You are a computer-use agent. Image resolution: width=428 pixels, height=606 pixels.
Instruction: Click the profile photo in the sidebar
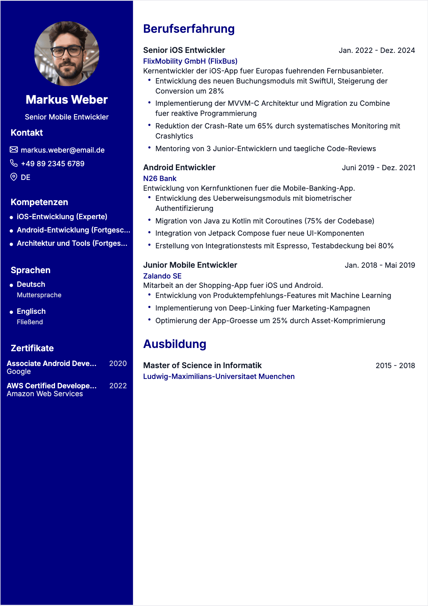point(67,54)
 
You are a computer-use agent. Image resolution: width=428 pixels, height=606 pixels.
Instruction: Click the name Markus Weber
point(67,100)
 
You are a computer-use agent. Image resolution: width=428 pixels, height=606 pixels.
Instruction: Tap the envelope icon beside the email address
point(14,150)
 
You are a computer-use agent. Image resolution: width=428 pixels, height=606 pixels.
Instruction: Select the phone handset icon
point(14,163)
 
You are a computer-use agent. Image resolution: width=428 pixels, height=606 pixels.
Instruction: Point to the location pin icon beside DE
point(14,177)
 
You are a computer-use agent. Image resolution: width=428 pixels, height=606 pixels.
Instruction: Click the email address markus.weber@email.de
point(63,150)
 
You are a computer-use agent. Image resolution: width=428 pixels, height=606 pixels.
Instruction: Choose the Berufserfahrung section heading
point(189,29)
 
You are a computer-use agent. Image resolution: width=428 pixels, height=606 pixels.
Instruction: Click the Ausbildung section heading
point(175,344)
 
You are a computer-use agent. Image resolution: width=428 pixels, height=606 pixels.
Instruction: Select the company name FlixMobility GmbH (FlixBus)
point(190,61)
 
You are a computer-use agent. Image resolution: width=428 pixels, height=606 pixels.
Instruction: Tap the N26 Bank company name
point(160,178)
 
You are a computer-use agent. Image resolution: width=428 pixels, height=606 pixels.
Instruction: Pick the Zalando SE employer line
point(162,276)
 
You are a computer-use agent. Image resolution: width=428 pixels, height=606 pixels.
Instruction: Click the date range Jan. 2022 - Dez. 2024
point(377,50)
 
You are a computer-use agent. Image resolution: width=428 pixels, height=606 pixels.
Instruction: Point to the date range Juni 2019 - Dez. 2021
point(378,168)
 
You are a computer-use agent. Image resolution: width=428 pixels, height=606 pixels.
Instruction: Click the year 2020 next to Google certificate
point(118,363)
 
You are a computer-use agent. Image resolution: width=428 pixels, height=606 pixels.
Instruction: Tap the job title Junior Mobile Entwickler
point(190,265)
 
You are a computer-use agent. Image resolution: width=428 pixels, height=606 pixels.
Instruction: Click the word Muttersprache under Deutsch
point(39,295)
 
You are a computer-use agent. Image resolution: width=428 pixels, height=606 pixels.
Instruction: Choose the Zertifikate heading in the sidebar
point(32,348)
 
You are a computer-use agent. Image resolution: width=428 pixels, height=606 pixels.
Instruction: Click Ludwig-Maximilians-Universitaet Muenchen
point(219,376)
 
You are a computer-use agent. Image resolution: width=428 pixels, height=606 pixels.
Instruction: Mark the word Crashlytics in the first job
point(174,136)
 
